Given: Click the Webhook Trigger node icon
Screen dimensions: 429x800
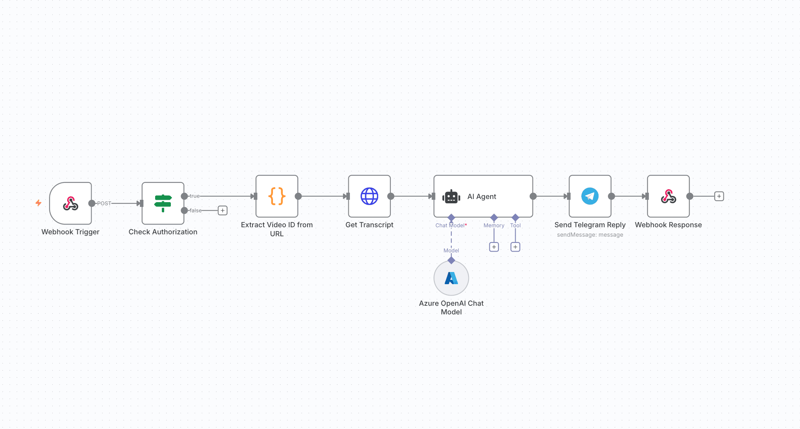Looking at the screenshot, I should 71,203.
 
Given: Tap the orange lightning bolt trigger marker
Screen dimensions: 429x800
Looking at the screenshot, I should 38,203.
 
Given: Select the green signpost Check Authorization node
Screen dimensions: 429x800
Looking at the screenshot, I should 163,203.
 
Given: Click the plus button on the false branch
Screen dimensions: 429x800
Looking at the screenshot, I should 223,210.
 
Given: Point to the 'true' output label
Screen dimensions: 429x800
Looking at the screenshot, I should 195,196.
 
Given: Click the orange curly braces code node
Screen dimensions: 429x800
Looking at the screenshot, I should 277,196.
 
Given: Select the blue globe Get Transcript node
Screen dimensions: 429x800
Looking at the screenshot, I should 369,196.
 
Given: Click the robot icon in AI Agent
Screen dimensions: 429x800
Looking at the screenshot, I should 451,197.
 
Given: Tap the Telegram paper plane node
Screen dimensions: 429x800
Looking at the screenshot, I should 590,196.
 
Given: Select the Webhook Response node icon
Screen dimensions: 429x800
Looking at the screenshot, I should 668,196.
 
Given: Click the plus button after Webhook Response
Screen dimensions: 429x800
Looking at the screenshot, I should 719,196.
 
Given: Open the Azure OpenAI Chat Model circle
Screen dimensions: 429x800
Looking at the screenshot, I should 451,278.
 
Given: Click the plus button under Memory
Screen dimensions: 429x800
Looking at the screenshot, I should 494,247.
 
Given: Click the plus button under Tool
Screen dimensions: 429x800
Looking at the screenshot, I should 515,247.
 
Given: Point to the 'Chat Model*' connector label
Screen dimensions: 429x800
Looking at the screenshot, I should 451,225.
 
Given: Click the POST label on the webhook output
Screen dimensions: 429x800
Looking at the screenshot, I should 104,203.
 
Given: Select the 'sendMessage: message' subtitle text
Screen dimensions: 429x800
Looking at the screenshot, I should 590,235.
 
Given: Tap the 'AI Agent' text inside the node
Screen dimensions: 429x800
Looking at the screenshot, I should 481,197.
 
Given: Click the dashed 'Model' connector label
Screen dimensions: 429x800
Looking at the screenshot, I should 451,250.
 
